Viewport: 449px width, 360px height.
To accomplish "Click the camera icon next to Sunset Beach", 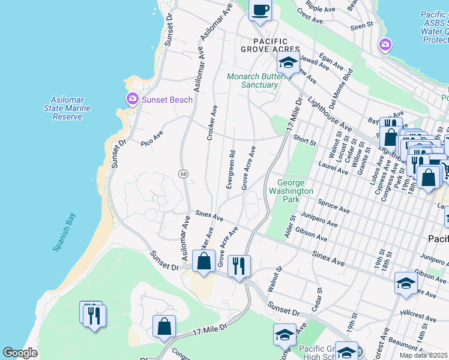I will (131, 99).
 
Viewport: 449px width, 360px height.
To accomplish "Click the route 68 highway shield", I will (182, 173).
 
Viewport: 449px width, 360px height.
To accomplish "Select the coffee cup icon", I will (260, 10).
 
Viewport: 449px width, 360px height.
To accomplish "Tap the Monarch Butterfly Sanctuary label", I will (253, 80).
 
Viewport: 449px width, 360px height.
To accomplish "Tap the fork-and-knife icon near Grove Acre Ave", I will (240, 266).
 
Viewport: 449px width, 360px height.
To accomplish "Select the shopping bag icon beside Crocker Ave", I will (204, 261).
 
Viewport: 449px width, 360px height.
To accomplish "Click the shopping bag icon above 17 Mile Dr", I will (164, 326).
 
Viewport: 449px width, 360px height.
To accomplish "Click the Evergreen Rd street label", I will (231, 170).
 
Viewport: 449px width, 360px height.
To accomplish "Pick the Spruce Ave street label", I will (334, 207).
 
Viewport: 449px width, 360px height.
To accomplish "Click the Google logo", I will (20, 353).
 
